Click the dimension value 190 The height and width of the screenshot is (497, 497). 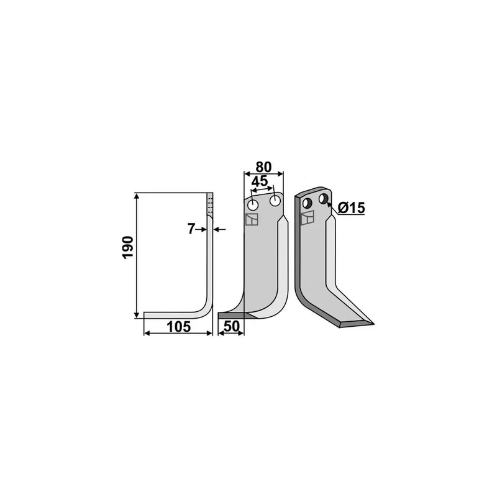coord(128,247)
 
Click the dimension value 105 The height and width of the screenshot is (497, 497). coord(179,327)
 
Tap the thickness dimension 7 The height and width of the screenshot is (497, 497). coord(191,229)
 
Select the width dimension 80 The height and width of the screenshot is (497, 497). coord(263,167)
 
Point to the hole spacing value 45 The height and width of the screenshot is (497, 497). coord(260,181)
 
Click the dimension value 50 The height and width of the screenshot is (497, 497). coord(232,327)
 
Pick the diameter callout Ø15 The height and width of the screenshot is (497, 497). coord(351,208)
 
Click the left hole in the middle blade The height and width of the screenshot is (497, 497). coord(253,205)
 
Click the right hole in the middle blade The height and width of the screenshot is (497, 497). coord(275,201)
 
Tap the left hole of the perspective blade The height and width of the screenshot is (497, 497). coord(308,203)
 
